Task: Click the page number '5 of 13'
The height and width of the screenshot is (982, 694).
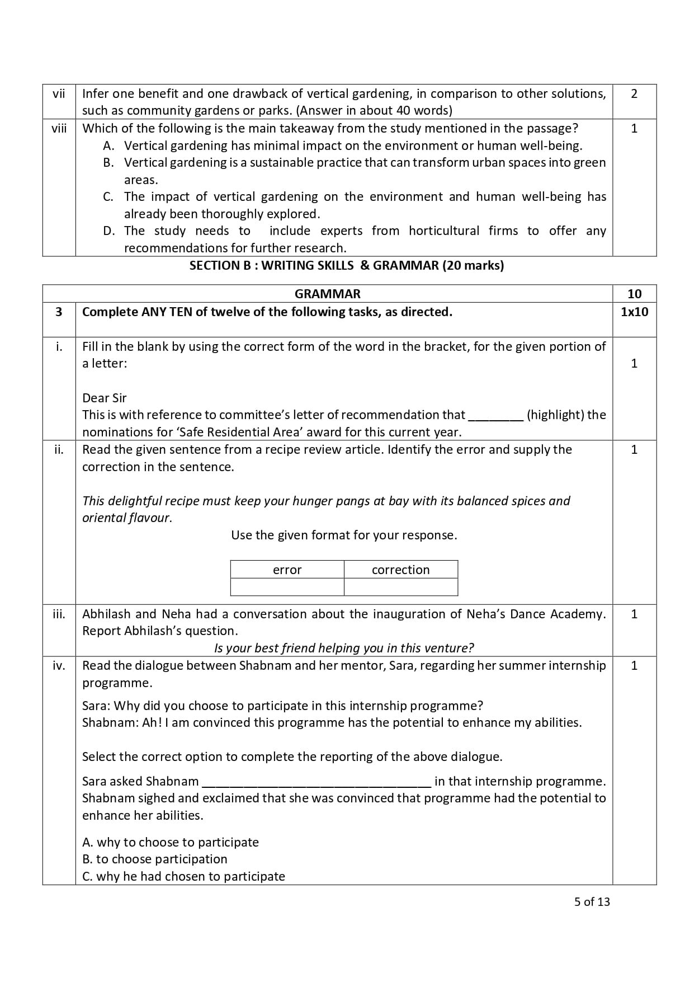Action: pos(592,901)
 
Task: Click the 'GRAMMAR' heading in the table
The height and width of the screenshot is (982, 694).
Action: pos(327,294)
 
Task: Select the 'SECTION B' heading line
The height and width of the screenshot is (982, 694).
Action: pos(346,265)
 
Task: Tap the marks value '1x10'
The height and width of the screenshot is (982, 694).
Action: pos(634,312)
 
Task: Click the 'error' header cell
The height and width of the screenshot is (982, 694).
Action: pos(287,570)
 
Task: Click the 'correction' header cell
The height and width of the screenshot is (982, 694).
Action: pos(400,570)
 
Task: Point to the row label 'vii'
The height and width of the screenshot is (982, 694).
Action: pos(59,94)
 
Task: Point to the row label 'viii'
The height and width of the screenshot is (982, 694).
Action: pos(59,128)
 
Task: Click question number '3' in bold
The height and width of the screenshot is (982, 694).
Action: pos(59,312)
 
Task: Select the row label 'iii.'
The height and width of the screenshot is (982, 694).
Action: pos(59,614)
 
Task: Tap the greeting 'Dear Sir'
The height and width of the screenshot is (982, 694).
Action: pos(105,398)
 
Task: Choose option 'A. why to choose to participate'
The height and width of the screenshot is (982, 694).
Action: pos(171,842)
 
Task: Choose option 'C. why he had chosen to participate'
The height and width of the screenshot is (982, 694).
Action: pos(183,876)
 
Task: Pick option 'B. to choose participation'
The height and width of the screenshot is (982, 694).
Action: pos(155,859)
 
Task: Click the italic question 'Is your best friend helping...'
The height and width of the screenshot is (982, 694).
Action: pos(344,648)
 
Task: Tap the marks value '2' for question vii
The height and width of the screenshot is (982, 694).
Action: pos(634,94)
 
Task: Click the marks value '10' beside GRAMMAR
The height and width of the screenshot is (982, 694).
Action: pos(634,294)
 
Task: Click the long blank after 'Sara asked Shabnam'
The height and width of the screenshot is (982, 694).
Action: pos(316,782)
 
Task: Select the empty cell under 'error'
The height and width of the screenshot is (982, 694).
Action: pos(287,587)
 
